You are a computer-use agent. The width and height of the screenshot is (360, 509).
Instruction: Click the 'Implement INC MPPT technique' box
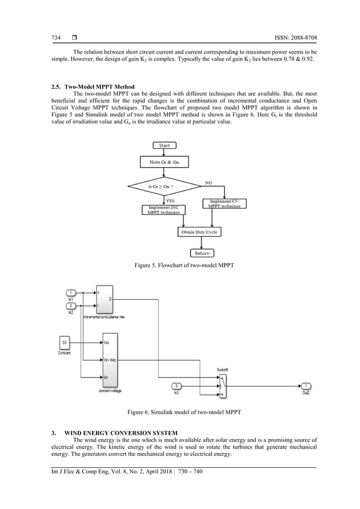click(161, 209)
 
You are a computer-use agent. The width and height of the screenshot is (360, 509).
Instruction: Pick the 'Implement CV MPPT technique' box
click(225, 203)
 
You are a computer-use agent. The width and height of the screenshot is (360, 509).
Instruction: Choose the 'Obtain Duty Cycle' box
click(198, 232)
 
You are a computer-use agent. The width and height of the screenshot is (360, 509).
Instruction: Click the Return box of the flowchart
click(201, 253)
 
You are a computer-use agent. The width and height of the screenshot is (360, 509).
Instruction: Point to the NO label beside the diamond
click(209, 183)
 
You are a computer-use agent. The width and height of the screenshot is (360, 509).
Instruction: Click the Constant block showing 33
click(65, 343)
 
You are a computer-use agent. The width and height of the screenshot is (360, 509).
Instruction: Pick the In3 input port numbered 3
click(176, 386)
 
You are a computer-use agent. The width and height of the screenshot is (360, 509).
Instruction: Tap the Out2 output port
click(306, 386)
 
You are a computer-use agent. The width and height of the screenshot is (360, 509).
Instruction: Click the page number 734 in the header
click(56, 38)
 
